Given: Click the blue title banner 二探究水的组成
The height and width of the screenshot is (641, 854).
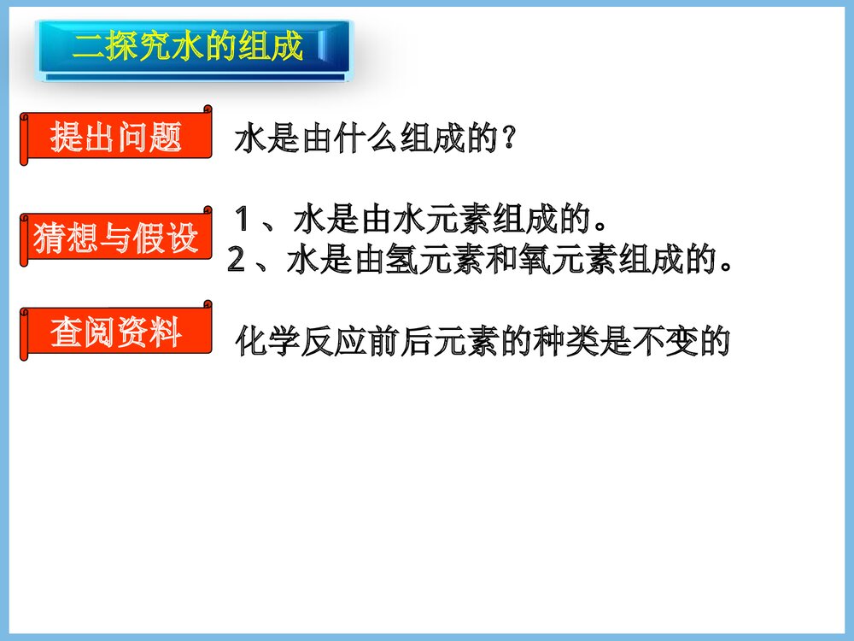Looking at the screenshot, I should [x=192, y=48].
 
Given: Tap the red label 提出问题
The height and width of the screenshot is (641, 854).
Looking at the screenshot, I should [x=116, y=137].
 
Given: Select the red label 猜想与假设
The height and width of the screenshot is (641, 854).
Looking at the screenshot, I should [x=116, y=238].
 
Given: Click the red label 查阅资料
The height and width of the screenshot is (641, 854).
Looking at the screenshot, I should [x=116, y=332].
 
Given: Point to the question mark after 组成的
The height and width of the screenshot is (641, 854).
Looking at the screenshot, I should [x=508, y=138].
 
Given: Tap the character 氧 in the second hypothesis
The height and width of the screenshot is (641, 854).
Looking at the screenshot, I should [x=535, y=261].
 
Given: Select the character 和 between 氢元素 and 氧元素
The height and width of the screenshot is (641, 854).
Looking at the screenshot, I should [x=503, y=261].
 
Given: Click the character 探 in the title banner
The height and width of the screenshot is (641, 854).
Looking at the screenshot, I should [x=122, y=47].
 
